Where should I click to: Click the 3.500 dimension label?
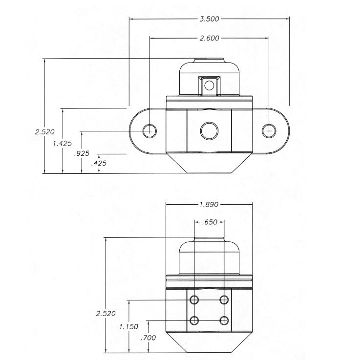tap(209, 19)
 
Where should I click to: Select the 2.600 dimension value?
tap(209, 38)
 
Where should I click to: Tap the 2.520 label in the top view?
tap(45, 132)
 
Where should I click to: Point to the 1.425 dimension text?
tap(62, 143)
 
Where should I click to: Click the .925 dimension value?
tap(82, 153)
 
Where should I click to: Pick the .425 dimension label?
tap(99, 163)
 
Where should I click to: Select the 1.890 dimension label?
tap(209, 205)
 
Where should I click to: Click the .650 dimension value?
tap(210, 222)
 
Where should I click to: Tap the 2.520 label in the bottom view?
tap(106, 314)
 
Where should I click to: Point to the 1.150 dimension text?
tap(128, 327)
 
